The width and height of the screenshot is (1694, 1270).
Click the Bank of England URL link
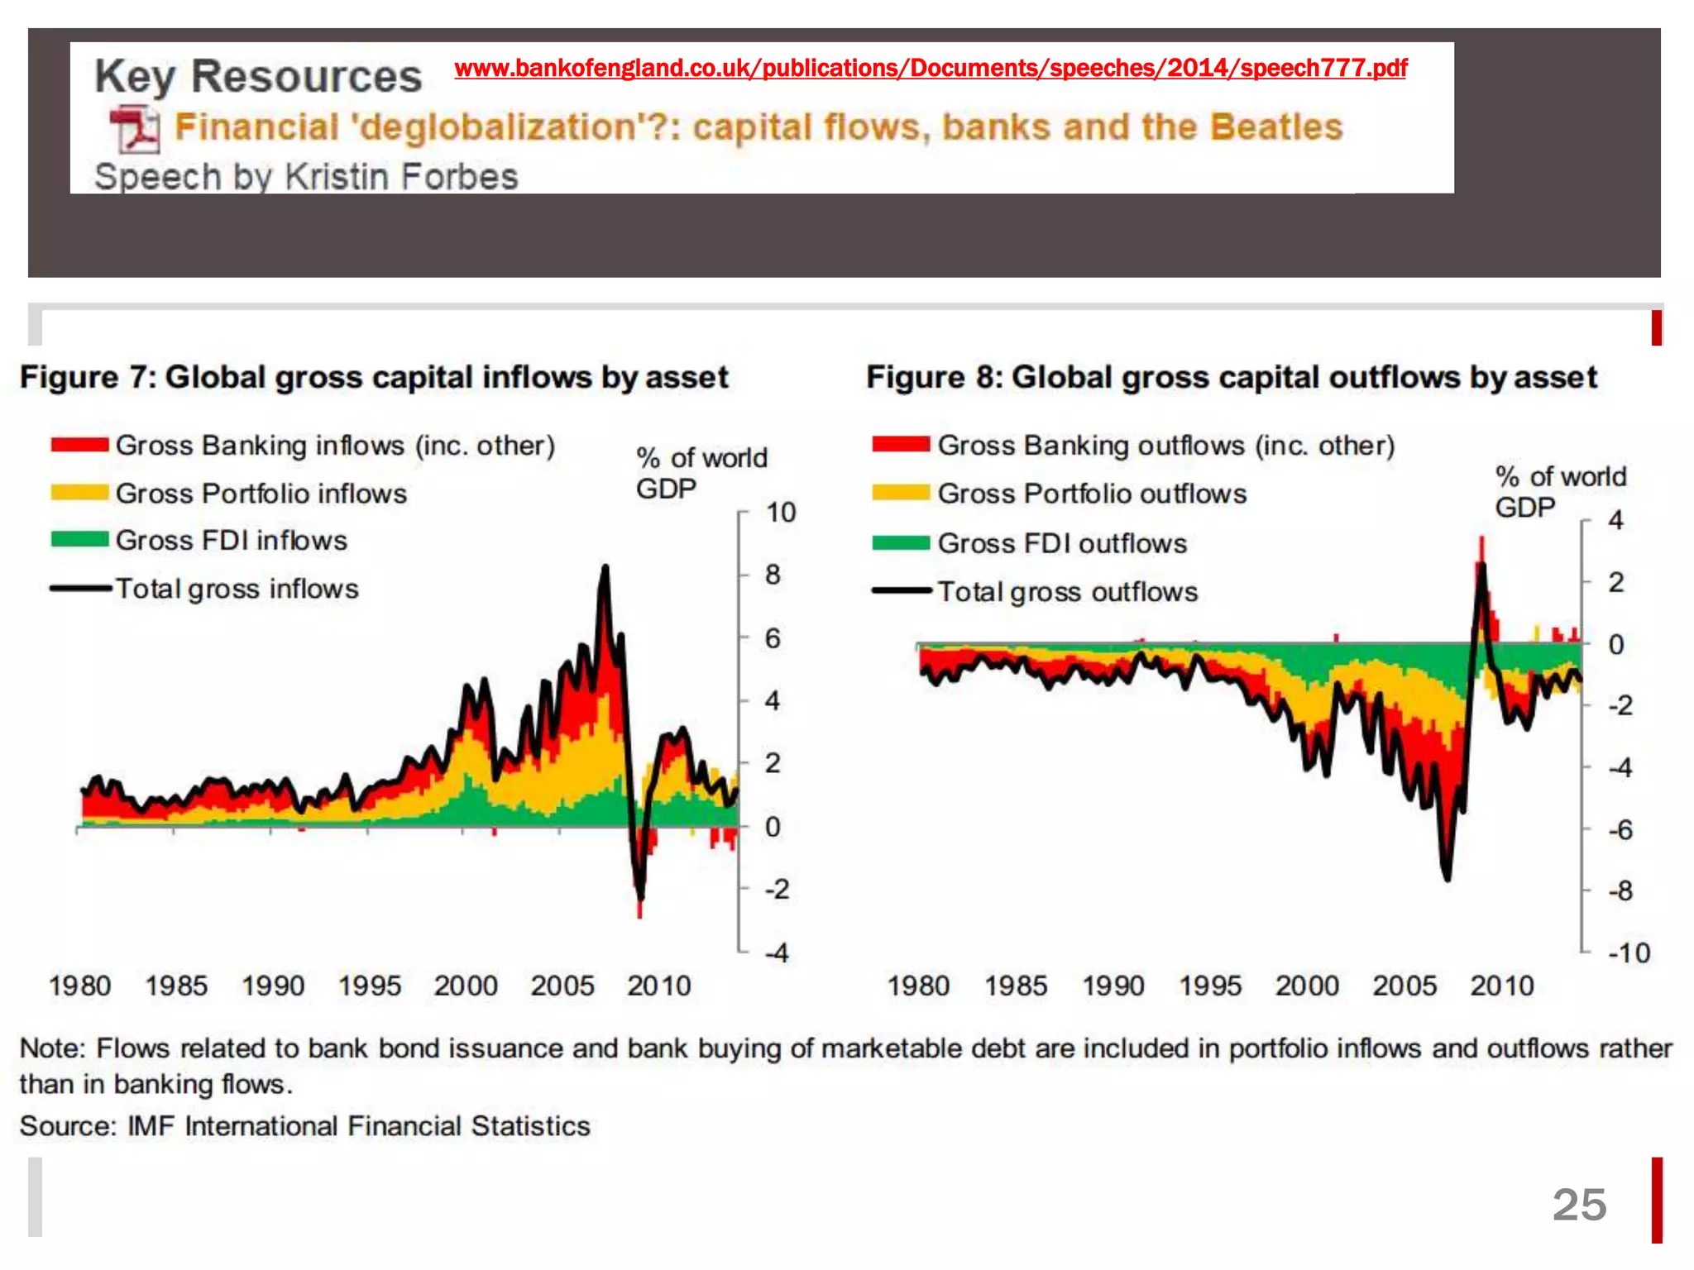click(x=931, y=68)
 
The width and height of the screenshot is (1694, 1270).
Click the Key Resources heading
click(x=258, y=76)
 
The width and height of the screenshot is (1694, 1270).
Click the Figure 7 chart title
click(x=374, y=377)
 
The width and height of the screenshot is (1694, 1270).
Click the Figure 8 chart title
click(x=1231, y=377)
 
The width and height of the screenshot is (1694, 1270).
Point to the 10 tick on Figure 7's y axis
click(x=780, y=513)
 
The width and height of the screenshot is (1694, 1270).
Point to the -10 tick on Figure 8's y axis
click(x=1629, y=953)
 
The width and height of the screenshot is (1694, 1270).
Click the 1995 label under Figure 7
click(x=369, y=986)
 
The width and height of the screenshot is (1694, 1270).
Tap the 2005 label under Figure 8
click(x=1404, y=986)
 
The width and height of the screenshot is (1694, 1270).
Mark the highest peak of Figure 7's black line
click(x=605, y=568)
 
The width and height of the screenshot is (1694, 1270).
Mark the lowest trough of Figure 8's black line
click(x=1447, y=878)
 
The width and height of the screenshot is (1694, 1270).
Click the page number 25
click(x=1578, y=1205)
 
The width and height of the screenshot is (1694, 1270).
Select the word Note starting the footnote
click(x=51, y=1048)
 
